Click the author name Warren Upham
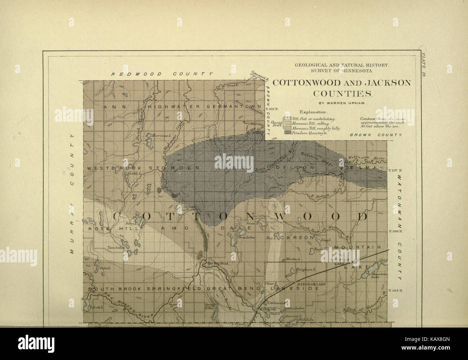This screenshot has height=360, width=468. pyautogui.click(x=342, y=103)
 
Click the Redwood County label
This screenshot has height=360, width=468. pyautogui.click(x=162, y=74)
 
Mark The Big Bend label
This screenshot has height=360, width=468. pyautogui.click(x=217, y=263)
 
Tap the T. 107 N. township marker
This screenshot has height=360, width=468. pyautogui.click(x=396, y=170)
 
